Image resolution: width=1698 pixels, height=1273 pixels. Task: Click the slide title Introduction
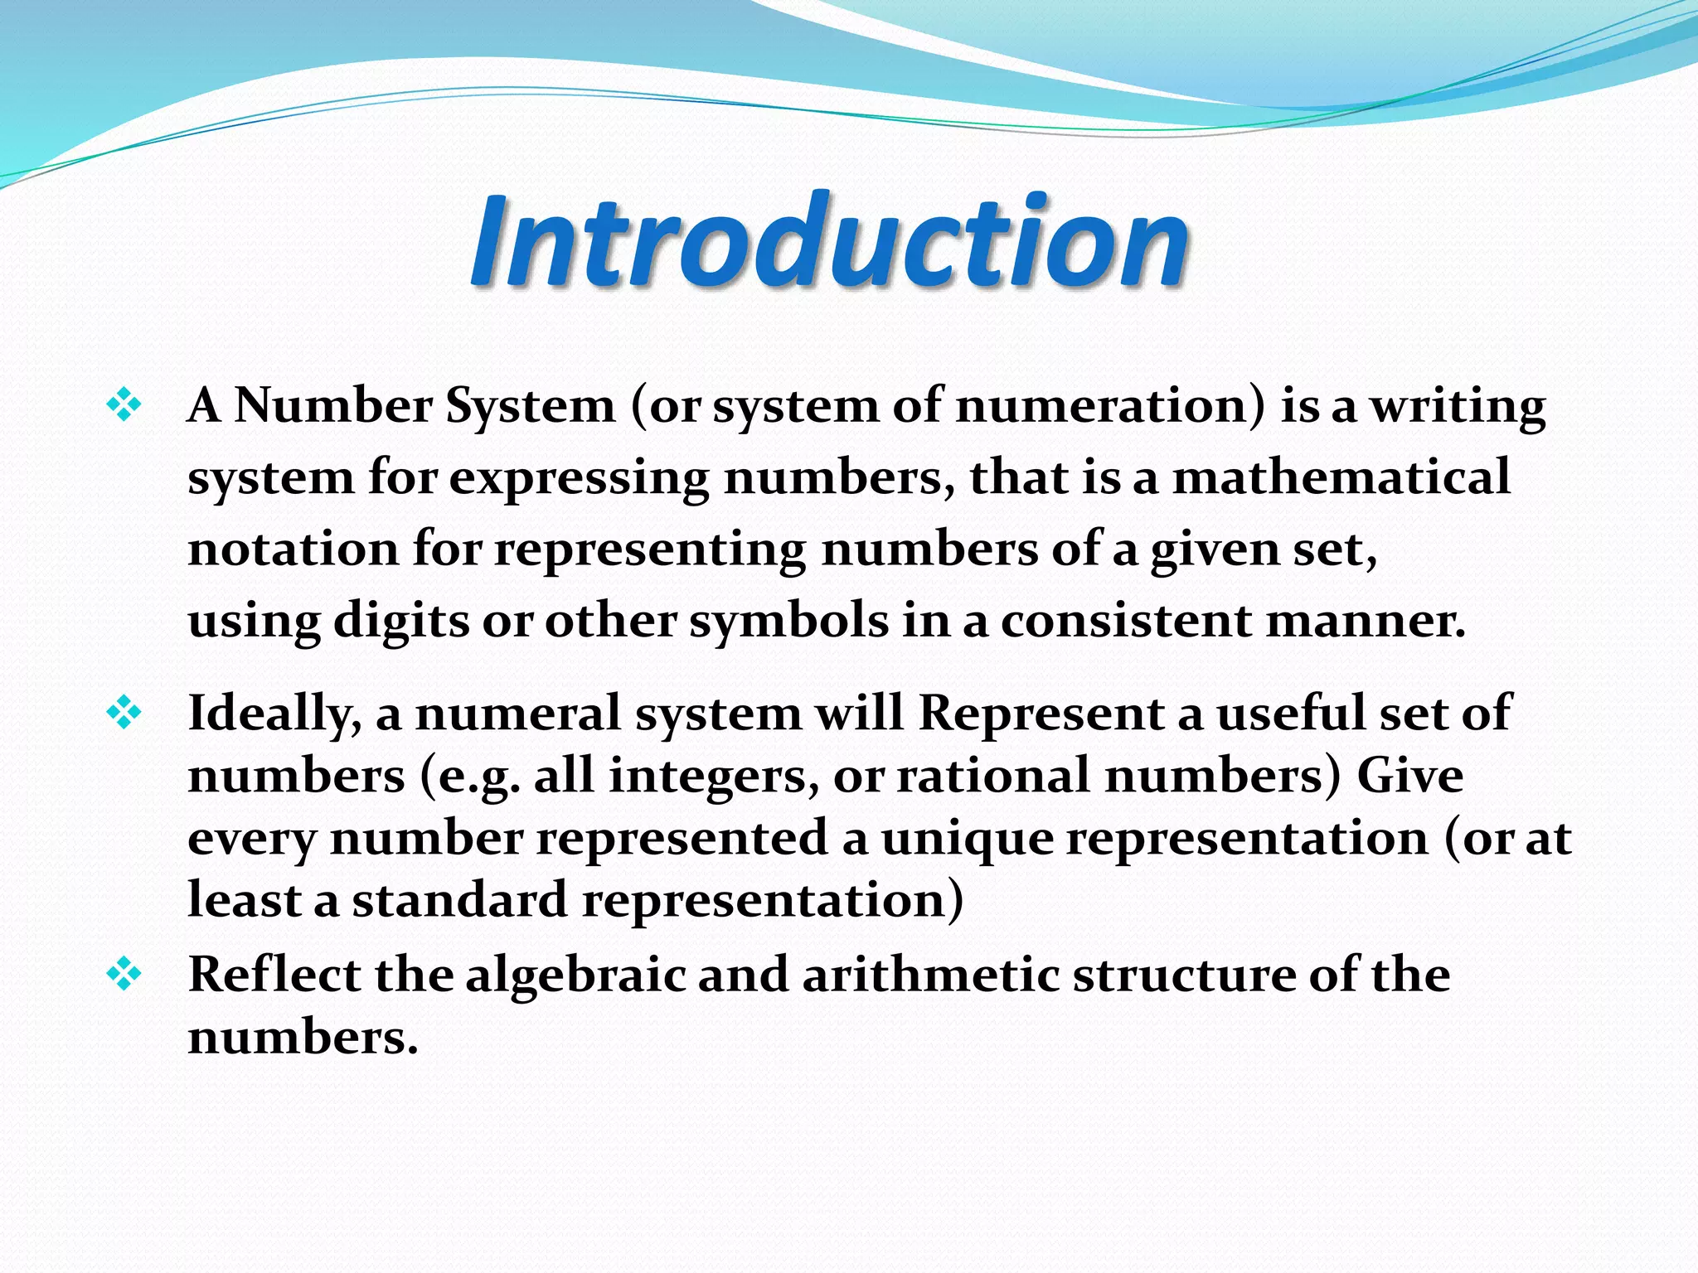pos(829,240)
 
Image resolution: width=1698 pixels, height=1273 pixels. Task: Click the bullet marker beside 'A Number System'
pos(124,406)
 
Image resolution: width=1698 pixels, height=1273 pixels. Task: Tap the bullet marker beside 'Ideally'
pos(124,713)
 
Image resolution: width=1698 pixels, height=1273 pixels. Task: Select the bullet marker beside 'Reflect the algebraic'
pos(124,975)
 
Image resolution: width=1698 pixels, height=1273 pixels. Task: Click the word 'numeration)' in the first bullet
pos(1111,406)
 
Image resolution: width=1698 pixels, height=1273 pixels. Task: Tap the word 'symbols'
pos(789,621)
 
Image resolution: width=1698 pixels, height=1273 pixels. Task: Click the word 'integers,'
pos(714,776)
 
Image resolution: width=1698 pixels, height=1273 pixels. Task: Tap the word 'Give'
pos(1409,776)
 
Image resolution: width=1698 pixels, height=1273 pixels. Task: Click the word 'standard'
pos(460,900)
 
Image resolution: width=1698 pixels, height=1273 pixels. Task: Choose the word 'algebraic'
pos(575,975)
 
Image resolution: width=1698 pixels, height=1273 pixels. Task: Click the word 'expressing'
pos(579,479)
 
